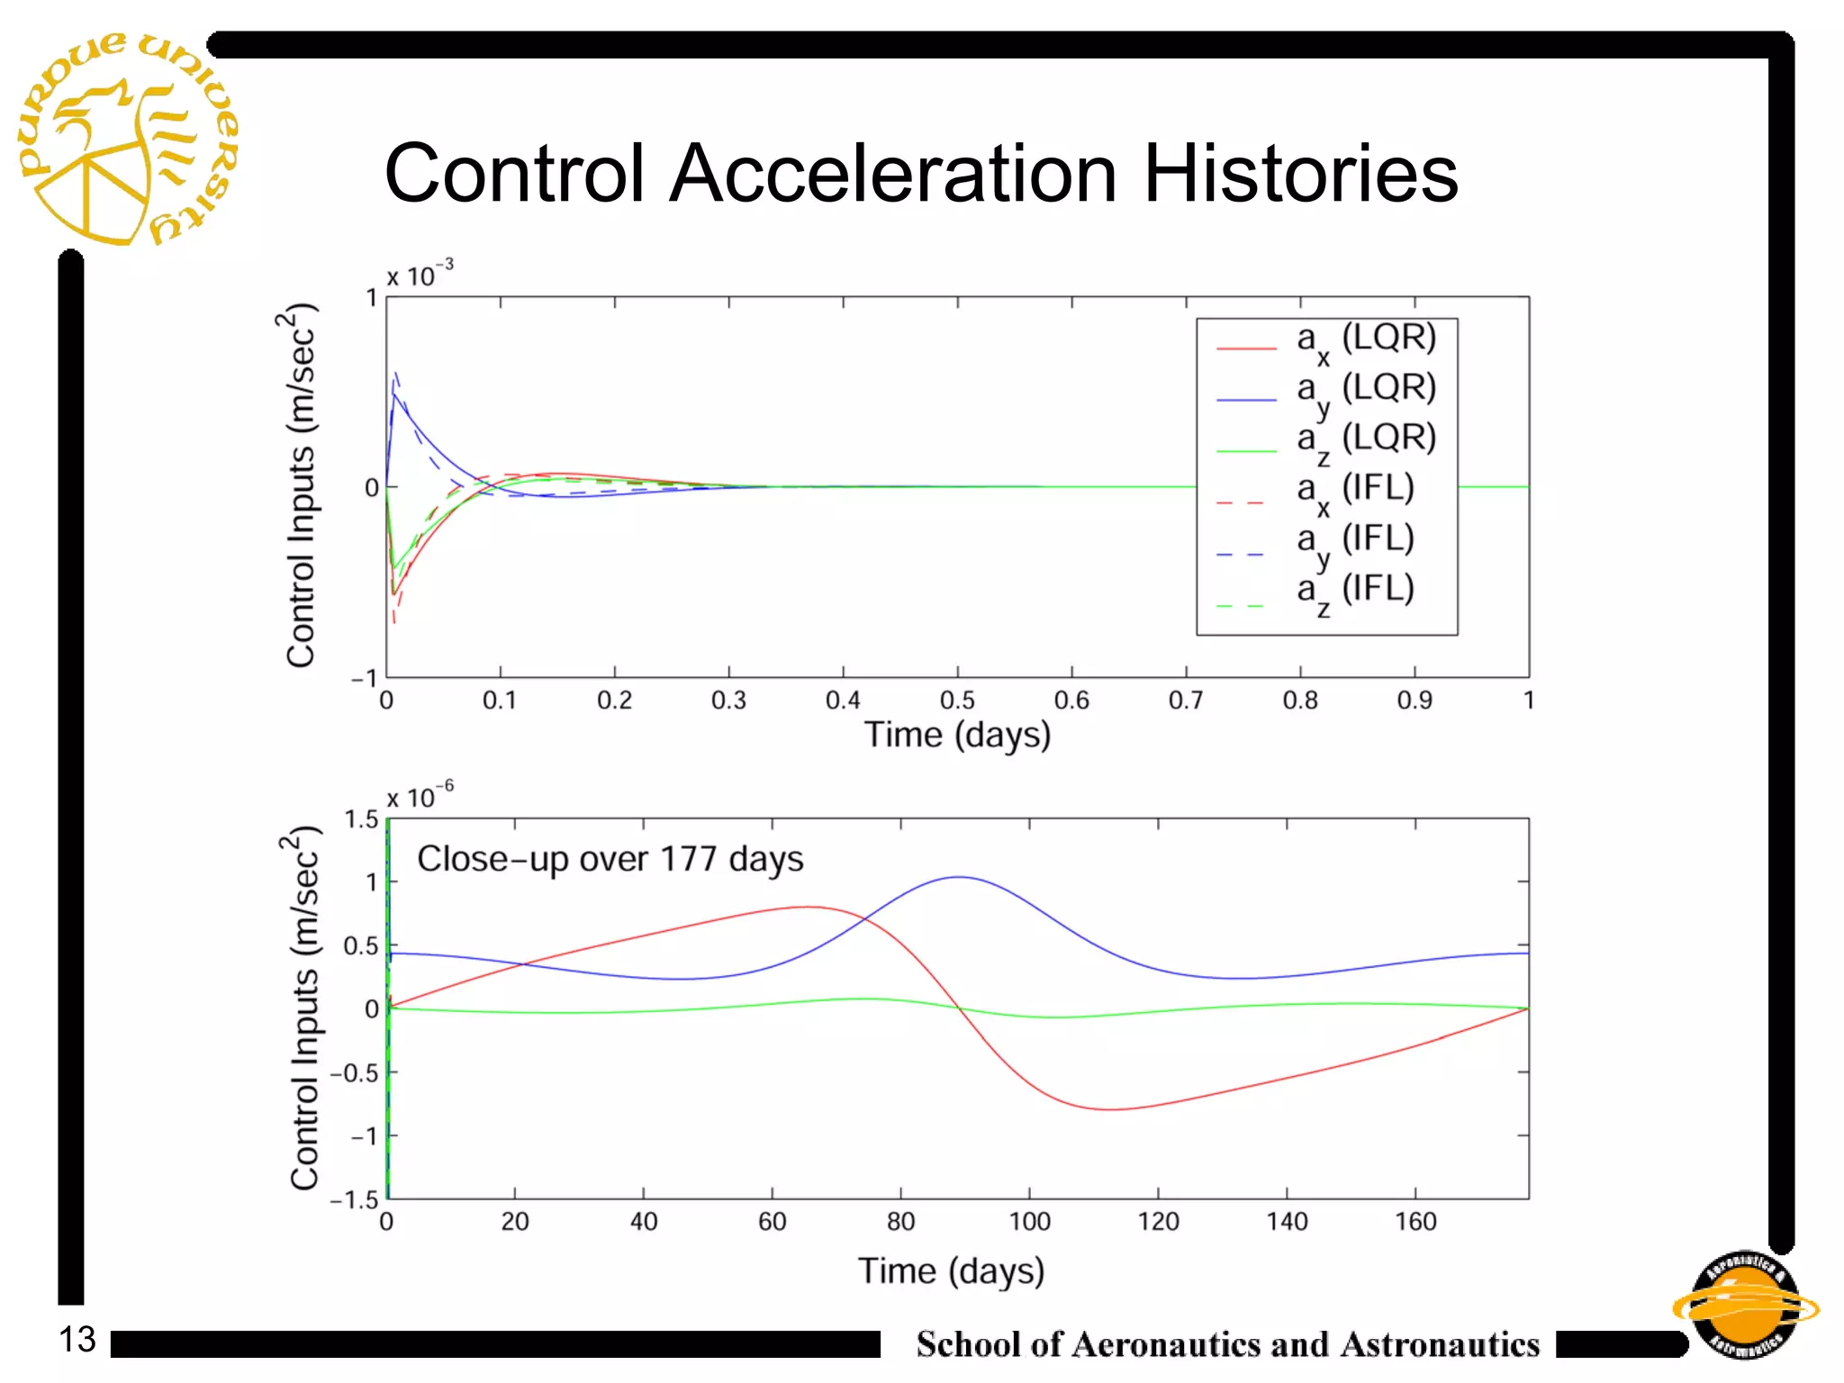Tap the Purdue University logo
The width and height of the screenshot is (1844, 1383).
126,140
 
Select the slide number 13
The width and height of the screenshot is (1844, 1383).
77,1339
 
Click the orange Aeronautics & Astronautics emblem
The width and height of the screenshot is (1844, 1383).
1744,1306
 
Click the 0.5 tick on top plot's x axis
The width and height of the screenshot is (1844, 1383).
957,701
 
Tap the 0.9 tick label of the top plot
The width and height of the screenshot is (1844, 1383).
1415,701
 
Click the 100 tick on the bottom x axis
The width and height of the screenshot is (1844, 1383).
1029,1222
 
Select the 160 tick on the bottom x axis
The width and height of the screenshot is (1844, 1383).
1415,1222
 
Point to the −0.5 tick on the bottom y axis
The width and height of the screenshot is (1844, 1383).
353,1073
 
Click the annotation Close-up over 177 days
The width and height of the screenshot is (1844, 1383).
610,859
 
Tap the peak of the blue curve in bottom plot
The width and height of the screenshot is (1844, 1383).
960,877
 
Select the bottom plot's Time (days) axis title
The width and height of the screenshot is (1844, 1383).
951,1270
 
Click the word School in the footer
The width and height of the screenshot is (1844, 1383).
968,1344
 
